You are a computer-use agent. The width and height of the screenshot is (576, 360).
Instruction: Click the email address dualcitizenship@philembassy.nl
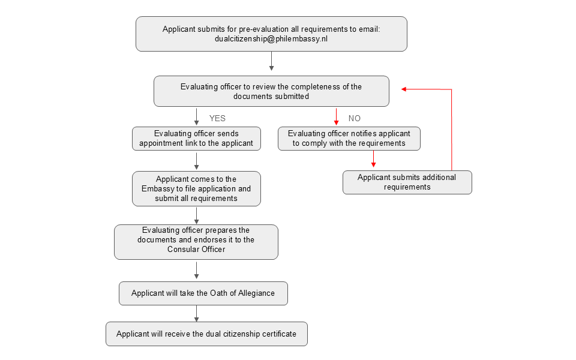[271, 39]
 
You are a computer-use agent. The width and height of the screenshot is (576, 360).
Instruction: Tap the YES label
[217, 118]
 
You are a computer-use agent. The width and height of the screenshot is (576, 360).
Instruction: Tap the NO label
[355, 118]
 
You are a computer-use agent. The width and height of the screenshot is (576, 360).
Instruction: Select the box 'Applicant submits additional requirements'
[407, 182]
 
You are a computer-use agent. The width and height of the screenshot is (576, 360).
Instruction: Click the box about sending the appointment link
[197, 139]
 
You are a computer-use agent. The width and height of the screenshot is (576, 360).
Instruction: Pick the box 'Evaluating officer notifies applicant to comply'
[349, 139]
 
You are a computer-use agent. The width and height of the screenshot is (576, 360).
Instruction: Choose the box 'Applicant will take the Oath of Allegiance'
[203, 293]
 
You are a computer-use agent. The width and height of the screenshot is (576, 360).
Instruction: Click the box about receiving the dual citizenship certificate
[206, 334]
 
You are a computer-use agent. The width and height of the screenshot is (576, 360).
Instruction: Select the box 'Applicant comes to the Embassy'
[197, 188]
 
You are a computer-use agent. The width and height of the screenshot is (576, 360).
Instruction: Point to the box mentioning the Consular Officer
[196, 242]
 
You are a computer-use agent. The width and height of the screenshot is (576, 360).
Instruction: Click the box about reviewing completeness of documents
[271, 91]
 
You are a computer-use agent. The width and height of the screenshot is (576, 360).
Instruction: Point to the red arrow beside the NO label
[336, 117]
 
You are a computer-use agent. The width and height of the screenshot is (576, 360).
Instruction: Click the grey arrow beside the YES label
[197, 117]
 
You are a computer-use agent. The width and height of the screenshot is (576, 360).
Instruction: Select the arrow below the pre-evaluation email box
[271, 61]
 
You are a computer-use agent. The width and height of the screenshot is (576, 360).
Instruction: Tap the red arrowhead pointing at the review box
[404, 89]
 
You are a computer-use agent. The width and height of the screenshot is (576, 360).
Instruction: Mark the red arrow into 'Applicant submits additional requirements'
[373, 158]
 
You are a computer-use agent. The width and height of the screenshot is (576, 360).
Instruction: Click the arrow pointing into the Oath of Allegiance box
[197, 271]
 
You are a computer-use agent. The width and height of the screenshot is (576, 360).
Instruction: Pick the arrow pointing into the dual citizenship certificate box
[197, 314]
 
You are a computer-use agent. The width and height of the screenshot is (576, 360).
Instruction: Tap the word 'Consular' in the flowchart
[181, 249]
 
